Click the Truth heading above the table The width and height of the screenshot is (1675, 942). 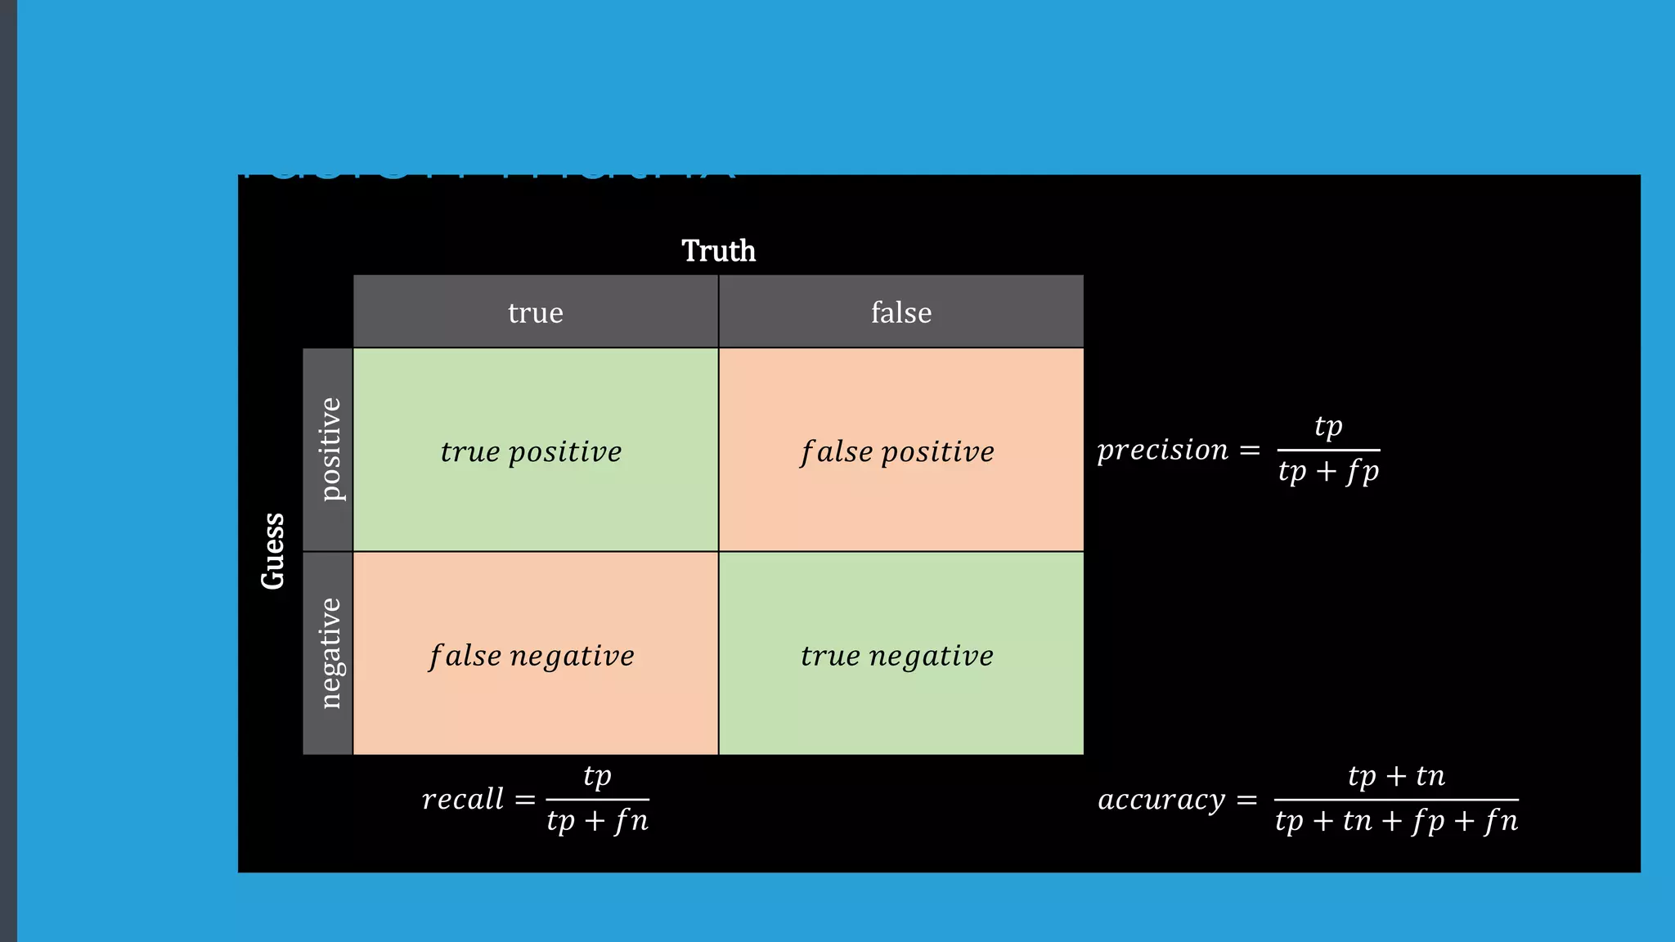pos(718,251)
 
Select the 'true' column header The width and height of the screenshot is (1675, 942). pos(536,312)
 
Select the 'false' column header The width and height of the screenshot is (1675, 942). pos(900,312)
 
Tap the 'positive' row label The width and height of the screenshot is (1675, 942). pos(329,449)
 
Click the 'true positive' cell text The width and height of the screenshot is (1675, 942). pos(531,451)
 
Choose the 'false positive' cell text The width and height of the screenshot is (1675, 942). pos(897,451)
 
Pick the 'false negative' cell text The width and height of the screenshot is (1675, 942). pos(532,656)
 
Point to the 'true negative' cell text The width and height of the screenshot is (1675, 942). pos(896,656)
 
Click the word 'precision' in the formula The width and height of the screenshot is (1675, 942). pos(1162,450)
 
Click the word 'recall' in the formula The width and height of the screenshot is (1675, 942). pos(463,799)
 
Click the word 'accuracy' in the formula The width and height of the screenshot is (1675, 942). pos(1161,800)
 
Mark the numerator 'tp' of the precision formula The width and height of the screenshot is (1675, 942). pos(1328,427)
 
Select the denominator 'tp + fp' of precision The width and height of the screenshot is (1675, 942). pos(1328,472)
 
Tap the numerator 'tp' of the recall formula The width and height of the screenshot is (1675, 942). pos(597,776)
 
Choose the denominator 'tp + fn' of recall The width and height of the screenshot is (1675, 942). pos(597,821)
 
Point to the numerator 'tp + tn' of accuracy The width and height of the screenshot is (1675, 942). pos(1396,776)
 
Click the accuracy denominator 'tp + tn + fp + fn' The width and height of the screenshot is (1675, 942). pos(1396,821)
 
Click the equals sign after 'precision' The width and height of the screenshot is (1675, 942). pos(1250,451)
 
